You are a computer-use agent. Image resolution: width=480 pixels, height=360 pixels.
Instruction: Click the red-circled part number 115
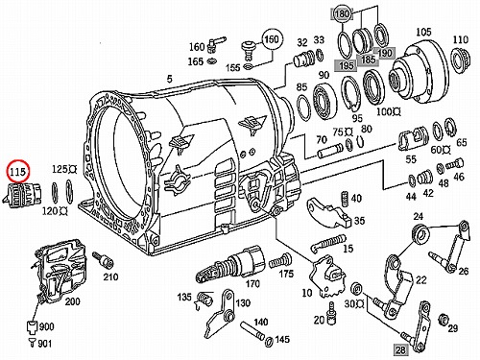[x=17, y=172]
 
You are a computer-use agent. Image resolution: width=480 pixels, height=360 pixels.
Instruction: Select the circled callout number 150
[x=273, y=39]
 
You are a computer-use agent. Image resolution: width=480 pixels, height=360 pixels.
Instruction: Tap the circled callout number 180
[x=342, y=14]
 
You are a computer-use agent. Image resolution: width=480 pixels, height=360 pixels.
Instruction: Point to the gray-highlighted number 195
[x=347, y=65]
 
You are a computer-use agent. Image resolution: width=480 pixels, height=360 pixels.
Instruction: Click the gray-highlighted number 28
[x=400, y=349]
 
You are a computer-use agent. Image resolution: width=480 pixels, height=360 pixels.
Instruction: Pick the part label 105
[x=423, y=33]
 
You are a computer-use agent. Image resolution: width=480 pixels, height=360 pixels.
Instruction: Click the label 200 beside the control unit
[x=73, y=301]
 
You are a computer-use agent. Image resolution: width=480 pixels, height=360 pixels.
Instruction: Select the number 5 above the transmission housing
[x=169, y=79]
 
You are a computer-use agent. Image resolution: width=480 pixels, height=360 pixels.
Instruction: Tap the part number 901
[x=45, y=344]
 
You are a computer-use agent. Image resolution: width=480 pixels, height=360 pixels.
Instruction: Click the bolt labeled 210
[x=103, y=260]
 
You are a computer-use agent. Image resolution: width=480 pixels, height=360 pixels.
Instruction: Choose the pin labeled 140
[x=252, y=330]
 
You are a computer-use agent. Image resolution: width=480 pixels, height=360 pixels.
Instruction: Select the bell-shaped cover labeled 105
[x=418, y=73]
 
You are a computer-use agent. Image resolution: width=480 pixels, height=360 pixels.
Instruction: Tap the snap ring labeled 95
[x=351, y=93]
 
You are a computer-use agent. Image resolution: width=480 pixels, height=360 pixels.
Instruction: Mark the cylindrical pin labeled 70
[x=330, y=151]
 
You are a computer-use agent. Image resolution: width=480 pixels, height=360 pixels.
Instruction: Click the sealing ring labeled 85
[x=303, y=108]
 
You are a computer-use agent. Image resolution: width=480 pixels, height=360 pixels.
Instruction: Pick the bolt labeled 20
[x=331, y=312]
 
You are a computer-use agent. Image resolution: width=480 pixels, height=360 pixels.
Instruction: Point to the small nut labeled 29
[x=444, y=319]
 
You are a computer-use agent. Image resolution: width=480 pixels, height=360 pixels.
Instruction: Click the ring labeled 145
[x=269, y=342]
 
